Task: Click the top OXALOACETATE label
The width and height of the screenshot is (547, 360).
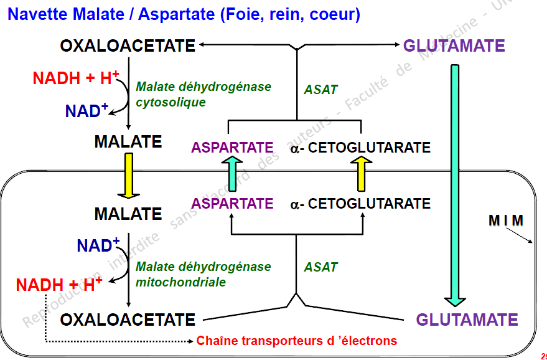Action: click(x=128, y=45)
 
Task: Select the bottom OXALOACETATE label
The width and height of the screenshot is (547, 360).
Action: click(x=128, y=320)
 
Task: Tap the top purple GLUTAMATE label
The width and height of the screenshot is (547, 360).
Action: click(x=454, y=45)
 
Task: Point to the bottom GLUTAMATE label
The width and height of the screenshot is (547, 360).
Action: click(x=467, y=320)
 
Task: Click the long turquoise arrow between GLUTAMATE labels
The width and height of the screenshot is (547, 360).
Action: click(x=455, y=181)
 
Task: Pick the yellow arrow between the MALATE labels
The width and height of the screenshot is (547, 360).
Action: click(x=129, y=175)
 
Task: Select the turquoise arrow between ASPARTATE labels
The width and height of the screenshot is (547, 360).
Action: click(x=231, y=174)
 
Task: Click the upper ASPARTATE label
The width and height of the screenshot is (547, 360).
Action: click(x=232, y=148)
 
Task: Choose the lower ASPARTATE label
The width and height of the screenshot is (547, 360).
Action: click(x=232, y=204)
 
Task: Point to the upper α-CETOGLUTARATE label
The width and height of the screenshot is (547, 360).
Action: click(x=360, y=148)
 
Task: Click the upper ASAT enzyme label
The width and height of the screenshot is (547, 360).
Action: click(x=320, y=90)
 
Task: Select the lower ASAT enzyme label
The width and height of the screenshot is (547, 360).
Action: click(x=320, y=267)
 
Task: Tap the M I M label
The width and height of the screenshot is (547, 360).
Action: click(x=505, y=220)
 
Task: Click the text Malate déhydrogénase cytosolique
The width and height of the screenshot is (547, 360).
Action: click(x=203, y=94)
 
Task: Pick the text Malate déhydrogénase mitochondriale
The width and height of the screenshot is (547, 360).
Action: click(x=203, y=274)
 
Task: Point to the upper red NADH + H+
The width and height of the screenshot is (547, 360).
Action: click(x=75, y=78)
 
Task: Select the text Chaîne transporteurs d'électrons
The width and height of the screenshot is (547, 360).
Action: click(x=296, y=341)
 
